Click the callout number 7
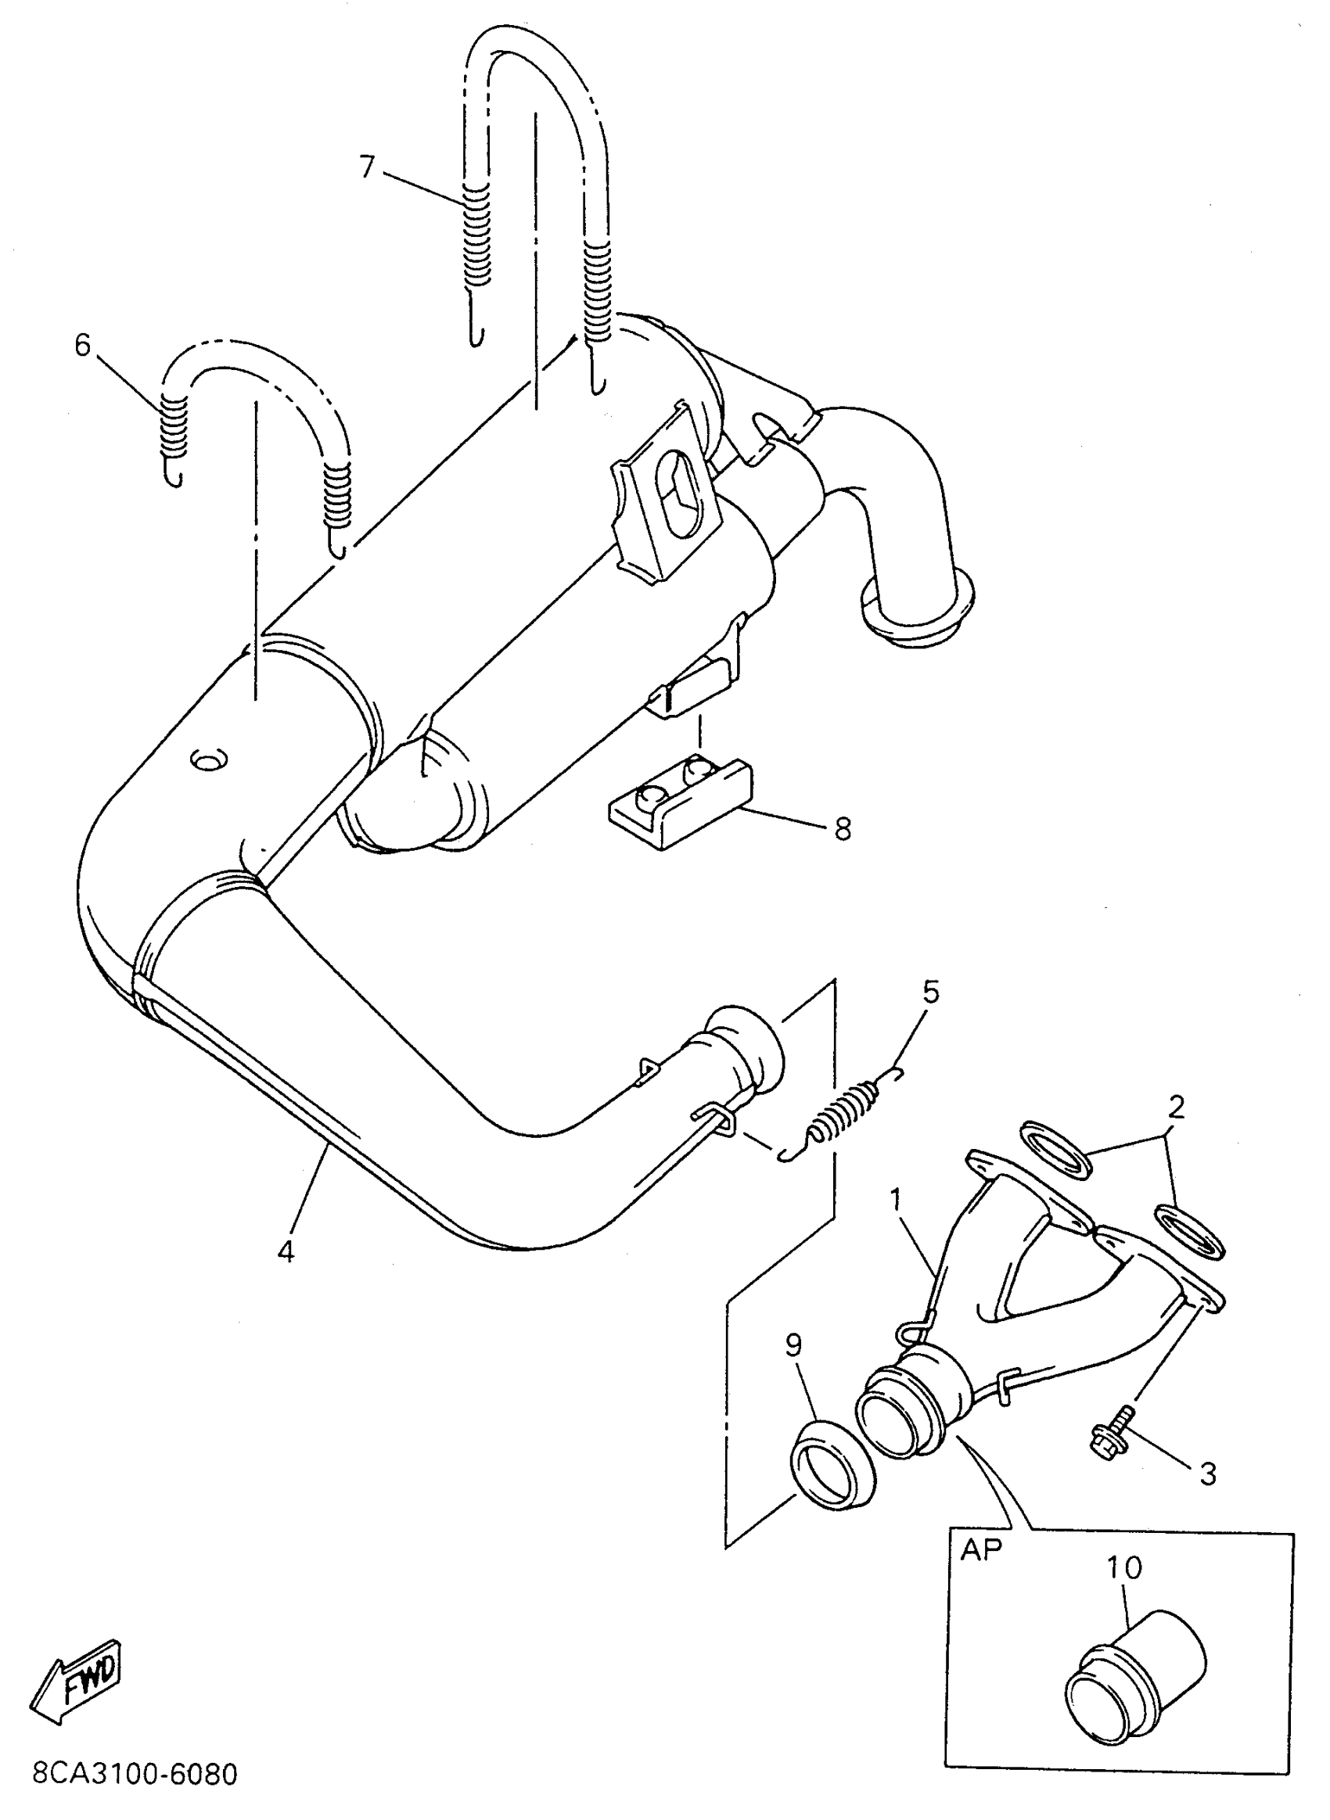(367, 167)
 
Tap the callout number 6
(83, 346)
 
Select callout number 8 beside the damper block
(842, 828)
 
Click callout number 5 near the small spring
(930, 992)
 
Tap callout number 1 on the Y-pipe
(895, 1199)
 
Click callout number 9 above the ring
(794, 1345)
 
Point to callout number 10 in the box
(1124, 1567)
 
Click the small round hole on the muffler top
(210, 758)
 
